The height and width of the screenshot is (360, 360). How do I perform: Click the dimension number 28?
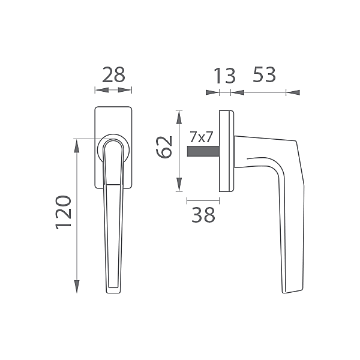tap(113, 75)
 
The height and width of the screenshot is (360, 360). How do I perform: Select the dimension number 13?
tap(224, 76)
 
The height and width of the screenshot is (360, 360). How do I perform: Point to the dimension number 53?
tap(264, 74)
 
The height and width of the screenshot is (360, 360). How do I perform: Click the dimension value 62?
tap(164, 147)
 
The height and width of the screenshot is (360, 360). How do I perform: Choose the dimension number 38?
tap(203, 214)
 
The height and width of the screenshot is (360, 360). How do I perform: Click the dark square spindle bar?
tap(203, 152)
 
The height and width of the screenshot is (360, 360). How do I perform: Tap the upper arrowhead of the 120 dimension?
tap(77, 146)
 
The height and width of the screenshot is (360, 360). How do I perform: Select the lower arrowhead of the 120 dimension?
tap(77, 287)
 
